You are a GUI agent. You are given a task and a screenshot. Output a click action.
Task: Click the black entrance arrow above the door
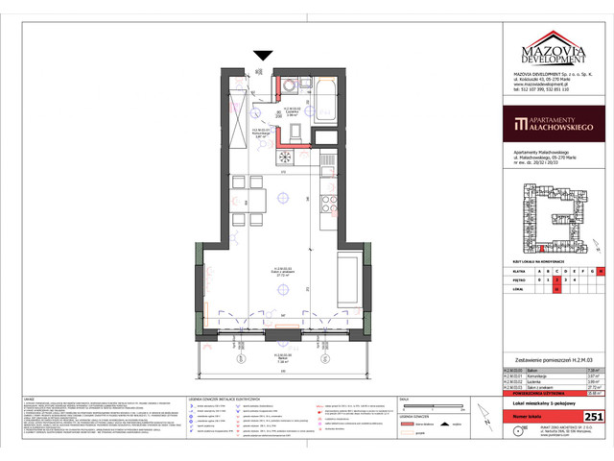(x=260, y=57)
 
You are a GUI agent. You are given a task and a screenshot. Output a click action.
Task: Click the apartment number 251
(x=594, y=415)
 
